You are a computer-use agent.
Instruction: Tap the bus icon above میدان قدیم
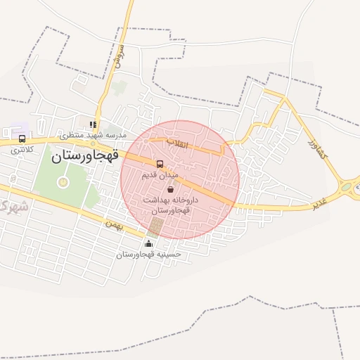[x=160, y=165]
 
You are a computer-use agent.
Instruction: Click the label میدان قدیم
[x=161, y=174]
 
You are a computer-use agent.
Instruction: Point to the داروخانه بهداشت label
[x=171, y=200]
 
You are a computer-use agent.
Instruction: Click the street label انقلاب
[x=177, y=143]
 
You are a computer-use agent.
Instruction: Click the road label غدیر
[x=321, y=203]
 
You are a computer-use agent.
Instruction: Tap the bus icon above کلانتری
[x=22, y=139]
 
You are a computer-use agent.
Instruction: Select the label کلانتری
[x=20, y=149]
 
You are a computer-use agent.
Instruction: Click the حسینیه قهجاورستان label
[x=148, y=254]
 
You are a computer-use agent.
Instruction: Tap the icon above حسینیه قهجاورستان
[x=148, y=245]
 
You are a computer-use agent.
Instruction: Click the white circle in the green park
[x=63, y=184]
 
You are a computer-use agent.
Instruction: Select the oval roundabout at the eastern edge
[x=347, y=187]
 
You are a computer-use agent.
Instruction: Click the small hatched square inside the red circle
[x=155, y=226]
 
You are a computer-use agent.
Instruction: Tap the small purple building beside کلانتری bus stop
[x=12, y=132]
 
